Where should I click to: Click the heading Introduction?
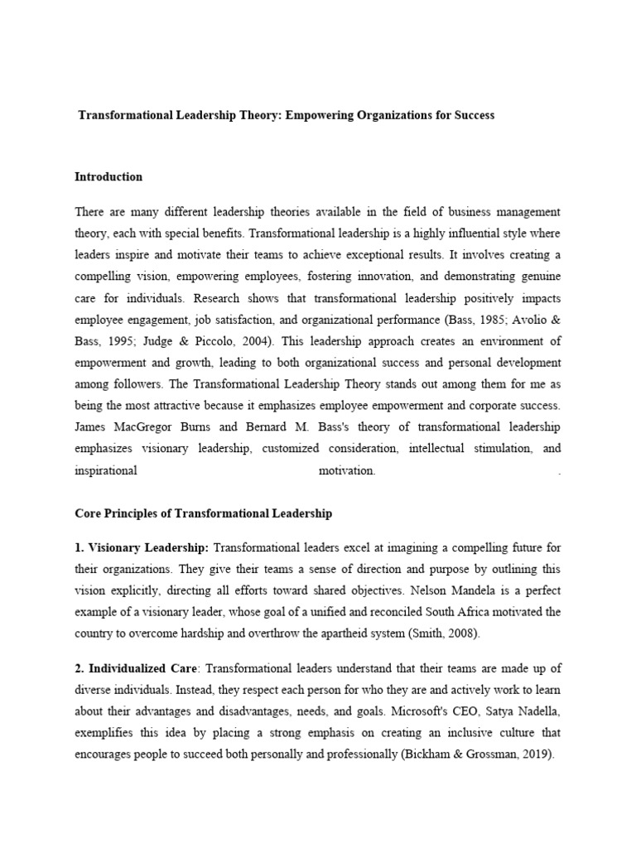coord(108,176)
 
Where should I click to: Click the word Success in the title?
coord(474,115)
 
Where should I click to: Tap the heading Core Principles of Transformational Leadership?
coord(203,513)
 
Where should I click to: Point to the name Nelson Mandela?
coord(455,590)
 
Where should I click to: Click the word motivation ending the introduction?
coord(347,471)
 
